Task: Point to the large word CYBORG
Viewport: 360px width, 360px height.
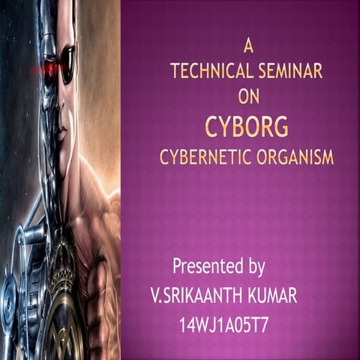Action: (247, 127)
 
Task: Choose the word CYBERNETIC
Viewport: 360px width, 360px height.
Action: (203, 157)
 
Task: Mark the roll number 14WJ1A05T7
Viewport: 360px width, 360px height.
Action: (235, 325)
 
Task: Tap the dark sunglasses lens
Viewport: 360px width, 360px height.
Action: (67, 63)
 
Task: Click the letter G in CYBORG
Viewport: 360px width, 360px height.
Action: (280, 127)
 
